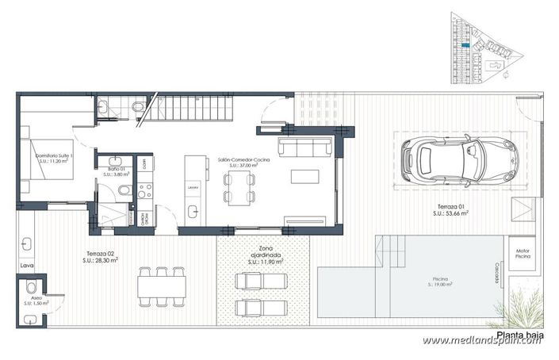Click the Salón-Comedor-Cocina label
tap(243, 163)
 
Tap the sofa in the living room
tap(304, 147)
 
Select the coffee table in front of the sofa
tap(304, 176)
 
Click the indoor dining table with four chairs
tap(239, 188)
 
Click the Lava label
tap(27, 266)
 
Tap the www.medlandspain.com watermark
tap(485, 340)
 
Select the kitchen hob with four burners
tap(145, 191)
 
